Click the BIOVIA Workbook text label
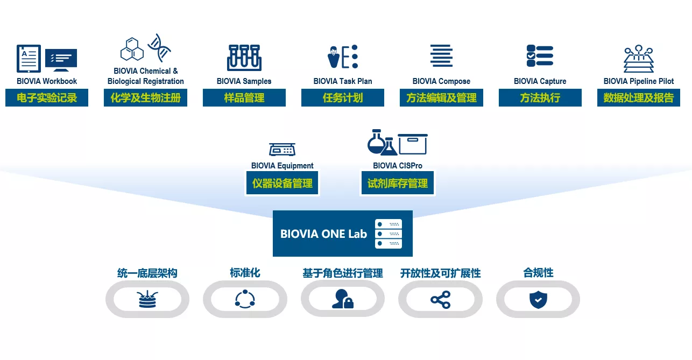pyautogui.click(x=47, y=81)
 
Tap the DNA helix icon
pyautogui.click(x=159, y=47)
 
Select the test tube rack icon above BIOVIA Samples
pyautogui.click(x=244, y=58)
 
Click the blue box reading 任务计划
pyautogui.click(x=343, y=97)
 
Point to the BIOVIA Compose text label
pyautogui.click(x=441, y=81)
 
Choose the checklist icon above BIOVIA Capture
pyautogui.click(x=540, y=55)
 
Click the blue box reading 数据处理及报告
pyautogui.click(x=639, y=97)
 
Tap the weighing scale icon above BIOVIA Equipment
pyautogui.click(x=282, y=149)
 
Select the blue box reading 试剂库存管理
pyautogui.click(x=398, y=183)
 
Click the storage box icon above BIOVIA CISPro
pyautogui.click(x=412, y=144)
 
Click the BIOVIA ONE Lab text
pyautogui.click(x=323, y=234)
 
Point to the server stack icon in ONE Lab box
pyautogui.click(x=389, y=234)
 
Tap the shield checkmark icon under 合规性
pyautogui.click(x=538, y=299)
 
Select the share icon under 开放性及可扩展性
pyautogui.click(x=441, y=299)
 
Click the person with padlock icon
pyautogui.click(x=343, y=299)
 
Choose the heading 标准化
pyautogui.click(x=245, y=273)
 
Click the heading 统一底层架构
pyautogui.click(x=147, y=273)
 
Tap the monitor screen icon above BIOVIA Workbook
pyautogui.click(x=61, y=59)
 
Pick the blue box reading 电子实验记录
pyautogui.click(x=47, y=97)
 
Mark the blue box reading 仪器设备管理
pyautogui.click(x=282, y=183)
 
